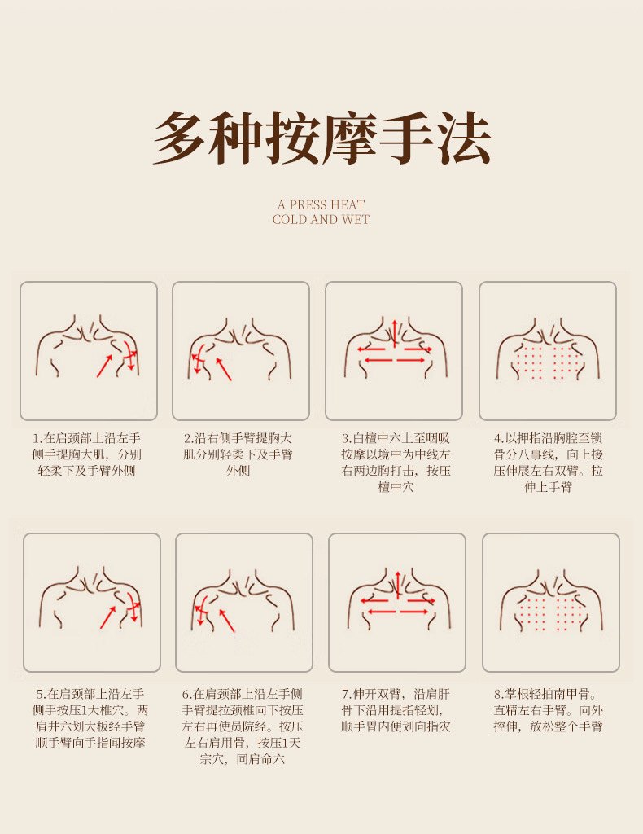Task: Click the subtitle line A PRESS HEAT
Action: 321,204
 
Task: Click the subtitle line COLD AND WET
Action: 321,220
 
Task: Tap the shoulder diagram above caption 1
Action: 89,351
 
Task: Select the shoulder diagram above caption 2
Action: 241,351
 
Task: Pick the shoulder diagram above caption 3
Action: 394,351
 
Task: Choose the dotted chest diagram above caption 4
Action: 548,351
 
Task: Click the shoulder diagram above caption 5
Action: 92,603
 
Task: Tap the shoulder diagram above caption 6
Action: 244,603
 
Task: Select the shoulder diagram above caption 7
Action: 397,603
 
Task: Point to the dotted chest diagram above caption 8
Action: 551,603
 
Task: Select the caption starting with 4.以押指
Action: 549,463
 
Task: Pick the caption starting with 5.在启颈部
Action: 90,718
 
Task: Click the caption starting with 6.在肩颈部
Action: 243,726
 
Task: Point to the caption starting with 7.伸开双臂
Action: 396,710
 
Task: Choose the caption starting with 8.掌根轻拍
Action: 549,710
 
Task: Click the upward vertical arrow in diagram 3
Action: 395,332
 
